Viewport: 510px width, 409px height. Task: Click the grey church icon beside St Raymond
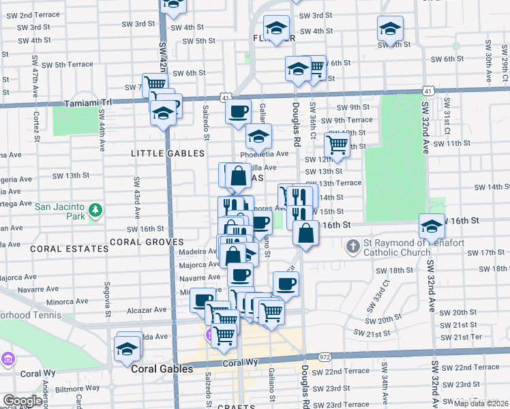click(353, 245)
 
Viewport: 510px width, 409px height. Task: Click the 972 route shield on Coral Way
click(325, 357)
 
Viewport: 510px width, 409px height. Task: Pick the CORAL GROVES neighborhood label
click(147, 242)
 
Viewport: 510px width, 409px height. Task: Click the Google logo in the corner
click(22, 401)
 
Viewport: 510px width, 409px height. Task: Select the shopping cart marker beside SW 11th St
click(337, 144)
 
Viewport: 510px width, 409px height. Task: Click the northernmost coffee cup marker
click(238, 111)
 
